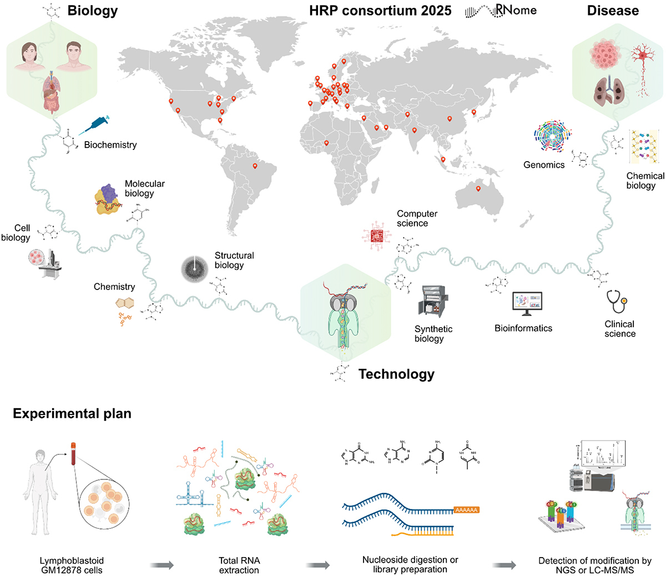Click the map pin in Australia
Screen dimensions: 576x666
478,189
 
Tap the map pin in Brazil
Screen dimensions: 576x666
255,166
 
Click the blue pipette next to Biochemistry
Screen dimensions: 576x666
94,125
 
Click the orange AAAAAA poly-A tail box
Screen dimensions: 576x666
466,509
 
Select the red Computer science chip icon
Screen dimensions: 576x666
377,236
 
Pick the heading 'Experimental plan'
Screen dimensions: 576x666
72,414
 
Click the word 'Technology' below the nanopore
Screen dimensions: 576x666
396,374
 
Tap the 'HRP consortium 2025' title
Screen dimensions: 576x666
380,11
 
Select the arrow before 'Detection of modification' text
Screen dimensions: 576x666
504,565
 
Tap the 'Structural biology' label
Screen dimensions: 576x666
234,260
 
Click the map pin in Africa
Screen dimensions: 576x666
326,144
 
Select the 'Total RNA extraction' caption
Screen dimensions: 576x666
239,565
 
